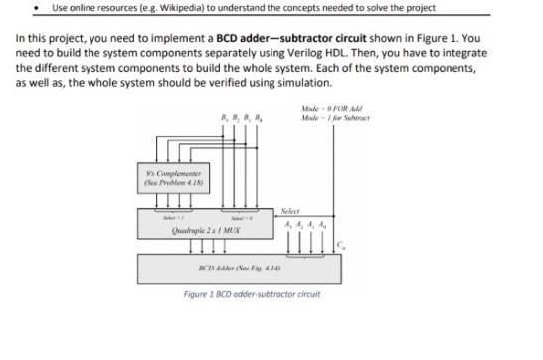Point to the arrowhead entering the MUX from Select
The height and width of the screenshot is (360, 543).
[x=271, y=218]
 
